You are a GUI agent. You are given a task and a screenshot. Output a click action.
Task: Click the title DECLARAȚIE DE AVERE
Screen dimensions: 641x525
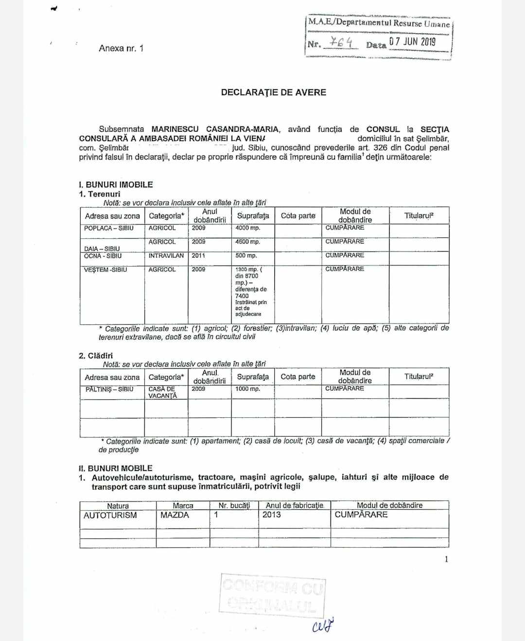click(x=273, y=92)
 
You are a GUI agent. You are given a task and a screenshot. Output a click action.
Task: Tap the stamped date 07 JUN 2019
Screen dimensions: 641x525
click(x=412, y=42)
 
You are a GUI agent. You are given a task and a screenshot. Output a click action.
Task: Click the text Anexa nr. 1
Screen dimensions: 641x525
click(x=121, y=48)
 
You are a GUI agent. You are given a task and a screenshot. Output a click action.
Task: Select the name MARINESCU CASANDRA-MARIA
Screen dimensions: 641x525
click(x=215, y=129)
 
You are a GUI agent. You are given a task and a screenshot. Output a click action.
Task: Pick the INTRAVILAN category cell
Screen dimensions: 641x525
click(x=166, y=256)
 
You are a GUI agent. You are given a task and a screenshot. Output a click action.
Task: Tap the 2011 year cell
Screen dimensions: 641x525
click(x=198, y=256)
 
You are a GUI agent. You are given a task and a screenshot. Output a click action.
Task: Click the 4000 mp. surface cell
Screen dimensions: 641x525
click(x=247, y=228)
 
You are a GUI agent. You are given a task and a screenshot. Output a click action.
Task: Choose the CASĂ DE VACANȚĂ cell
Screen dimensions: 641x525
click(x=162, y=392)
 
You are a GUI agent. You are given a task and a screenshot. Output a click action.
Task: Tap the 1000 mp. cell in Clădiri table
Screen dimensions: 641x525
click(x=247, y=389)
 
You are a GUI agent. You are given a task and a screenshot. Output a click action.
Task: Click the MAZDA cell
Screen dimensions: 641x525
click(x=175, y=515)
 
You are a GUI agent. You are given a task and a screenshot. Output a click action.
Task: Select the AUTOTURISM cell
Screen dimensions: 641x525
click(x=110, y=516)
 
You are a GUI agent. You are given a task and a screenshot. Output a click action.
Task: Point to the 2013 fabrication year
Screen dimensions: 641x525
click(x=272, y=515)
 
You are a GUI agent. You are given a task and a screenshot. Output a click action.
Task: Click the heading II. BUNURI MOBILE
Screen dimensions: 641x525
click(x=116, y=468)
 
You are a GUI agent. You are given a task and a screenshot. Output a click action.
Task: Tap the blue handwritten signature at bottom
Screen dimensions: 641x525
click(x=324, y=624)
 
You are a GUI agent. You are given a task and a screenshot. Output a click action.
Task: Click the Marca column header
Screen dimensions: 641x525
click(x=183, y=506)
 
